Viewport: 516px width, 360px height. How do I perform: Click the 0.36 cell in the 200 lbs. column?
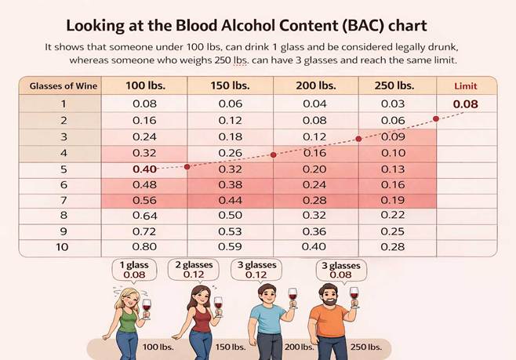[315, 231]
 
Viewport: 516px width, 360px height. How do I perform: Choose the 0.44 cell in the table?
[230, 199]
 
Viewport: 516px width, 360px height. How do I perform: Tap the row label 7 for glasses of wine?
[64, 199]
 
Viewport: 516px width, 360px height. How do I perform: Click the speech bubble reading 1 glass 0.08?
[134, 270]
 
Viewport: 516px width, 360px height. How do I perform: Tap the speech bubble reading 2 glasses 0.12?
[194, 270]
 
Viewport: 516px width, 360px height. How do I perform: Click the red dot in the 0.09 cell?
[358, 139]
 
